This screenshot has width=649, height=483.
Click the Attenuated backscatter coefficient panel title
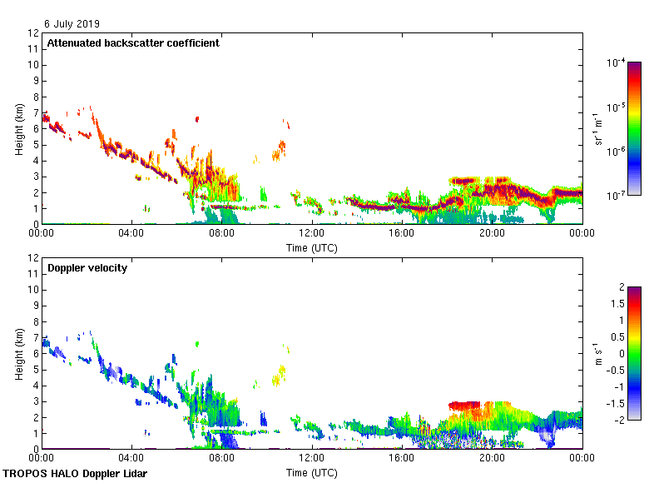click(133, 42)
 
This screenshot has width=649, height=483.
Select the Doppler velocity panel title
click(87, 268)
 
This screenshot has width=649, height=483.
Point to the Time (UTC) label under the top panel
click(312, 247)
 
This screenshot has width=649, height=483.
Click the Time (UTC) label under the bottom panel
click(312, 472)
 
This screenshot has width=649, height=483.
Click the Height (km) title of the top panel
click(19, 129)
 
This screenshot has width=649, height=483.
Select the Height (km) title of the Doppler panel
click(19, 354)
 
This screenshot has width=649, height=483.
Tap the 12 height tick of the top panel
click(33, 33)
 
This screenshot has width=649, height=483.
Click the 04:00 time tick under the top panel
click(131, 233)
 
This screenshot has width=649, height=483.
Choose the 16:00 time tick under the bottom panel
click(402, 458)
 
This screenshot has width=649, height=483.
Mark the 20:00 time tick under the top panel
click(492, 233)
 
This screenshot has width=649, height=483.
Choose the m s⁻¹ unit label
click(598, 353)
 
